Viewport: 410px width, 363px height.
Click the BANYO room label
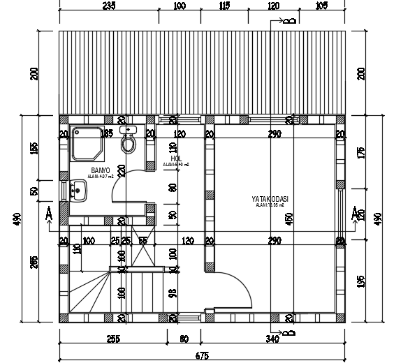pos(99,170)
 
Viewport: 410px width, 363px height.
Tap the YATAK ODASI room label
pos(270,200)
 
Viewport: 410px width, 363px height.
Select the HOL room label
pos(176,159)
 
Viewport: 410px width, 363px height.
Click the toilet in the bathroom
pos(128,145)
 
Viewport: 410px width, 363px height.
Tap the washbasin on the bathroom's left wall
pos(76,190)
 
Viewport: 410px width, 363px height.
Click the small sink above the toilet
pos(129,130)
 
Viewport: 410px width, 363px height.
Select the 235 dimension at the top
pos(109,6)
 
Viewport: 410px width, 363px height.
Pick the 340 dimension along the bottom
pos(272,339)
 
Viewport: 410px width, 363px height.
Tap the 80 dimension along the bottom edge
pos(184,339)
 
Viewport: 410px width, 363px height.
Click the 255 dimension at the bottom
pos(113,339)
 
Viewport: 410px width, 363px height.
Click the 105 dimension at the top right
pos(322,6)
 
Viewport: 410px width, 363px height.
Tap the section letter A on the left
pos(47,212)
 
